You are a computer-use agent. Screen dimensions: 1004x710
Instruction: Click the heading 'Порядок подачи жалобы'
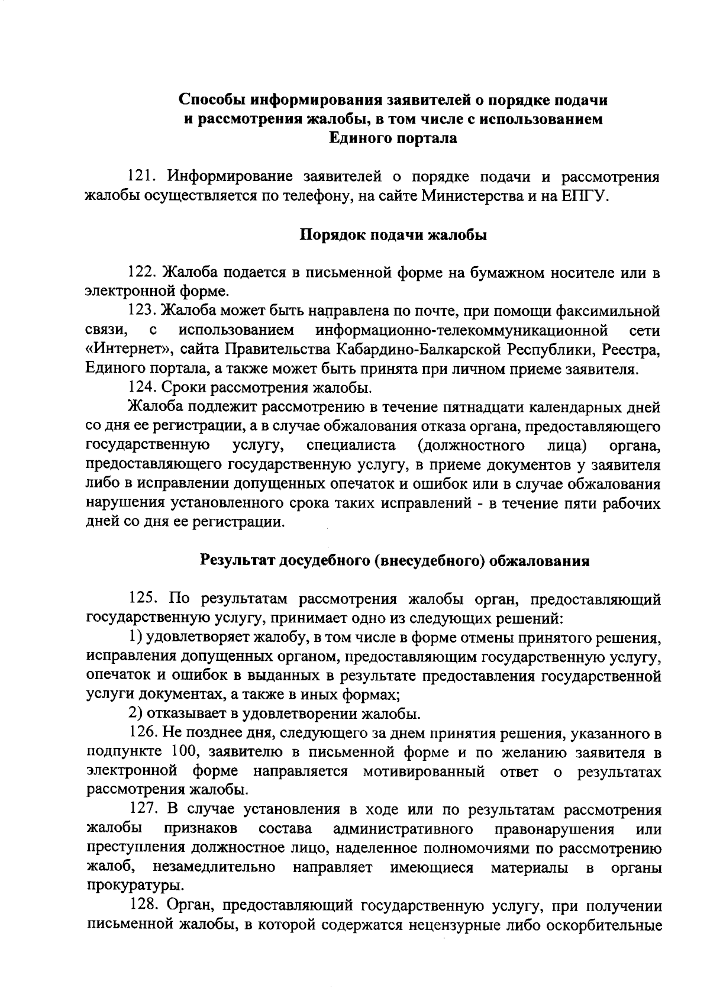[x=393, y=235]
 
